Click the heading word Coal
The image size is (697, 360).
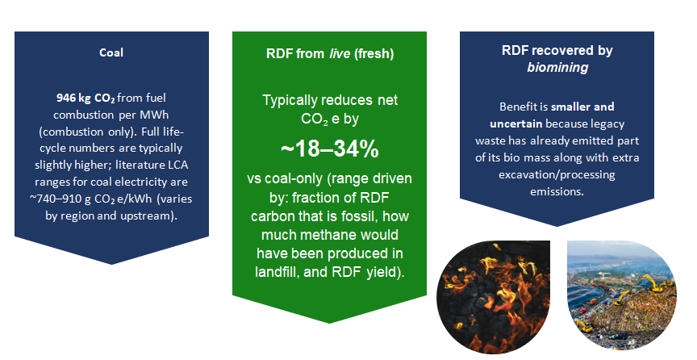[x=111, y=52]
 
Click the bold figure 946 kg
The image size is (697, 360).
[x=73, y=98]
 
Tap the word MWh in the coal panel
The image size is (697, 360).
[x=154, y=115]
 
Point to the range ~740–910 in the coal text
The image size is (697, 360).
[x=57, y=199]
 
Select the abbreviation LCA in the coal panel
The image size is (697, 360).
[x=177, y=165]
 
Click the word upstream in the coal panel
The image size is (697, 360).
[x=147, y=216]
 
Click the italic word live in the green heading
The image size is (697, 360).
[x=340, y=54]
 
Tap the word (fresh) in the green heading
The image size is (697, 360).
[x=374, y=54]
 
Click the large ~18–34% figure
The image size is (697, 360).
[x=329, y=149]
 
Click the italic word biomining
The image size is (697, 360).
[x=557, y=67]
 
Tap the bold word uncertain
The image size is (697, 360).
[x=516, y=123]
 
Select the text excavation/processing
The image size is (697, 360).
[x=557, y=174]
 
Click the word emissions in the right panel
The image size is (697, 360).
[x=556, y=191]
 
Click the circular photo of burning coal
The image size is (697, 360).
[x=494, y=297]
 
